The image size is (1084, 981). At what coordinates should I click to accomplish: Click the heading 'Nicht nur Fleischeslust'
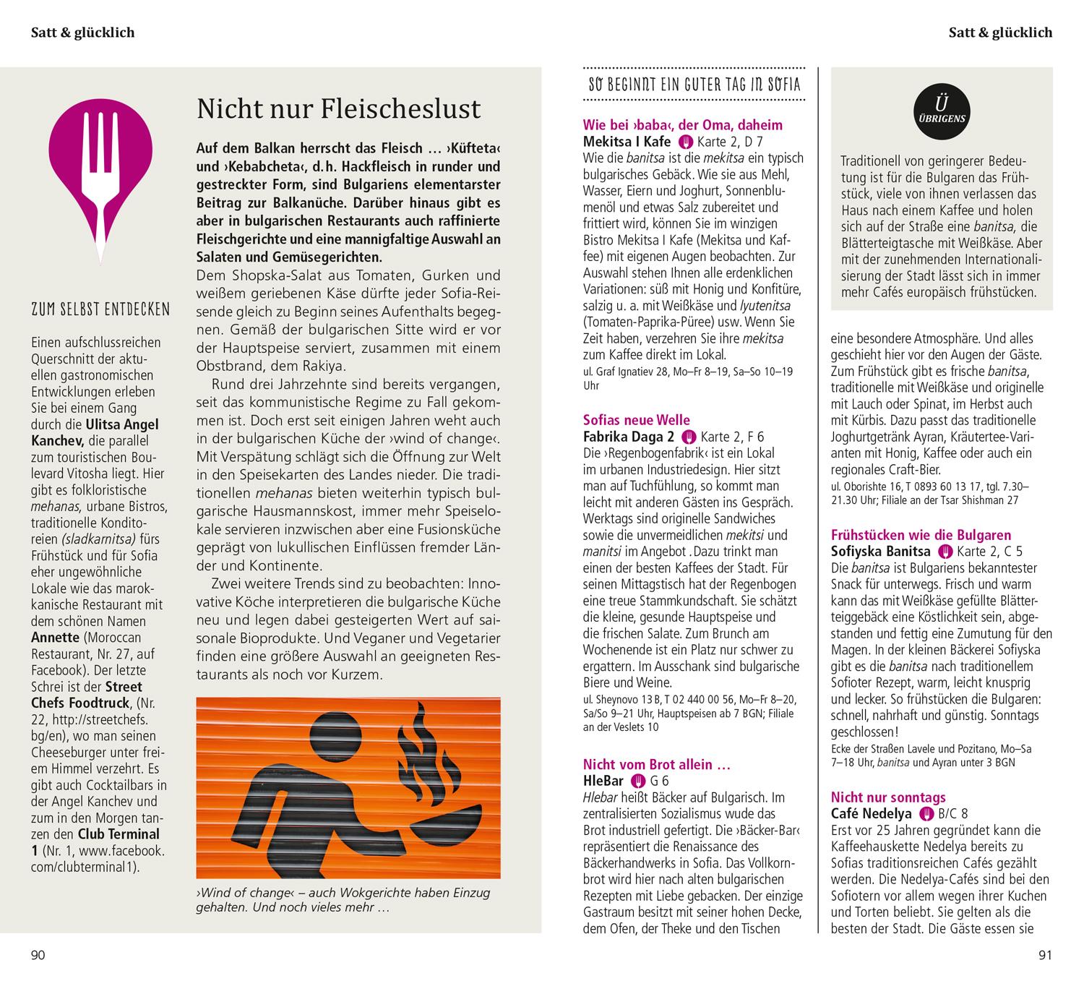pyautogui.click(x=338, y=109)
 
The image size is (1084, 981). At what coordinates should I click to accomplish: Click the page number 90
pyautogui.click(x=38, y=956)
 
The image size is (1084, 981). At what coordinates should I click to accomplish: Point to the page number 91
pyautogui.click(x=1045, y=956)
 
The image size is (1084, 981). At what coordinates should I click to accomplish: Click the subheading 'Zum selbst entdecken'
pyautogui.click(x=100, y=311)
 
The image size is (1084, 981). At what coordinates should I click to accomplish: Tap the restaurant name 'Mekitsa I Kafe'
pyautogui.click(x=627, y=142)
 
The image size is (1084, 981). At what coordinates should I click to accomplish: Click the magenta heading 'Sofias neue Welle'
pyautogui.click(x=636, y=420)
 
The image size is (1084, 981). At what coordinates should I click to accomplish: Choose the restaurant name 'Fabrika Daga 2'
pyautogui.click(x=629, y=437)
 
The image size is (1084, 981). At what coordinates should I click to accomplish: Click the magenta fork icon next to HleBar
pyautogui.click(x=637, y=781)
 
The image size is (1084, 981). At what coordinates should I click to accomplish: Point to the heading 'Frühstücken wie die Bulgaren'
pyautogui.click(x=921, y=535)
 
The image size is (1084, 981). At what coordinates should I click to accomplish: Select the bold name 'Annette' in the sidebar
pyautogui.click(x=55, y=638)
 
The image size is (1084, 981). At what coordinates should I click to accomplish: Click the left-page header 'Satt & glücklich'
pyautogui.click(x=82, y=33)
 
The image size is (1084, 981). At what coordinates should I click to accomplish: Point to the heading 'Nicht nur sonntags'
pyautogui.click(x=888, y=797)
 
